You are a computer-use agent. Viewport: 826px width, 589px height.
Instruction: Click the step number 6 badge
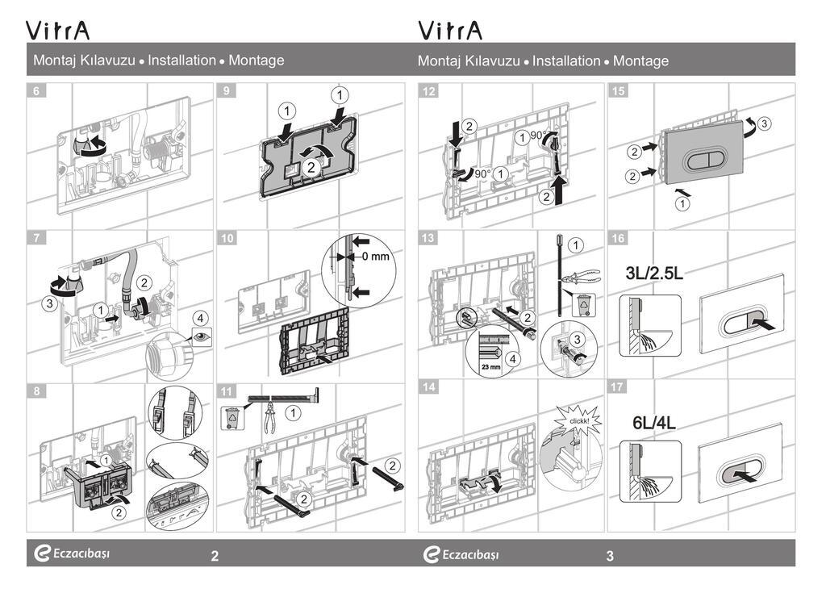(36, 91)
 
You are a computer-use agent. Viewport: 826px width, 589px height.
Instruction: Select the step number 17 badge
(619, 387)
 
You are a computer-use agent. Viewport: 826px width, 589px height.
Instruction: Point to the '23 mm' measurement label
(490, 365)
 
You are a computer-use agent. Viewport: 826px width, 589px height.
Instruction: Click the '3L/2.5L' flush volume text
(654, 274)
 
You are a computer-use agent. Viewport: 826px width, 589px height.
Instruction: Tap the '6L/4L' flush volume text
(654, 422)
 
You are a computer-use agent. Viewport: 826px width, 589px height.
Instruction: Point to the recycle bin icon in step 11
(232, 418)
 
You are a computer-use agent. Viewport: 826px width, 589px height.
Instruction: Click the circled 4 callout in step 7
(200, 316)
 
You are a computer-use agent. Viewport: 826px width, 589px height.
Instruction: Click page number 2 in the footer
(215, 555)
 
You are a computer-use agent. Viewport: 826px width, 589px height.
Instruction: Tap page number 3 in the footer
(610, 555)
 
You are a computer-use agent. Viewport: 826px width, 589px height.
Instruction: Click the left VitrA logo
(59, 31)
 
